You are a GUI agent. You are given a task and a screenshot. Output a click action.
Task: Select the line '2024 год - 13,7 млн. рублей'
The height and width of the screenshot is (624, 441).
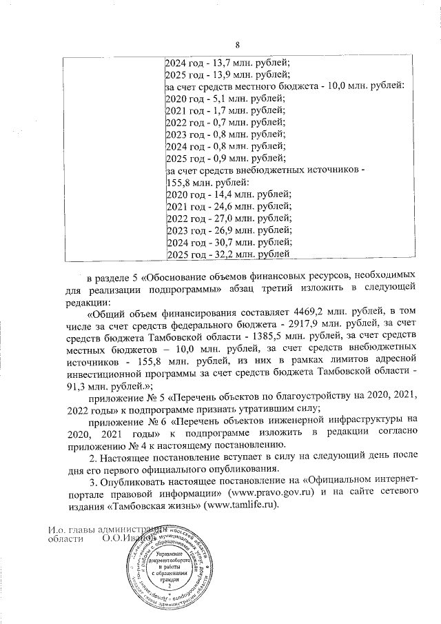(227, 63)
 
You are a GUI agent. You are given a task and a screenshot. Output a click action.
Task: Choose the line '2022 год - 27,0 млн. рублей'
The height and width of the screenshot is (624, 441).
(229, 218)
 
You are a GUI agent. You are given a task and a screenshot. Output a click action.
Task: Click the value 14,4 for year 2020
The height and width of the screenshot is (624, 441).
(224, 194)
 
